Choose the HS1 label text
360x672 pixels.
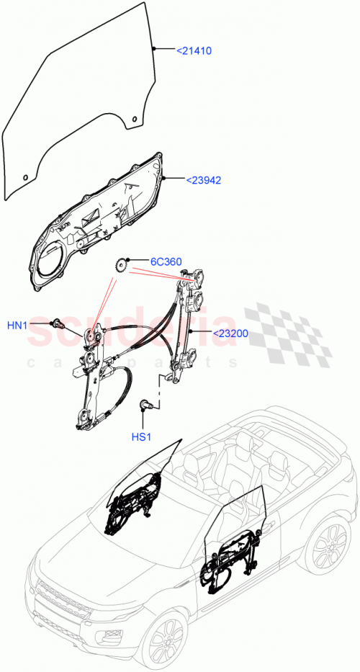pyautogui.click(x=142, y=436)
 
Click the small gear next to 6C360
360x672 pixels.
pyautogui.click(x=122, y=265)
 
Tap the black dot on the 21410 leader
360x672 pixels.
pyautogui.click(x=154, y=48)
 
